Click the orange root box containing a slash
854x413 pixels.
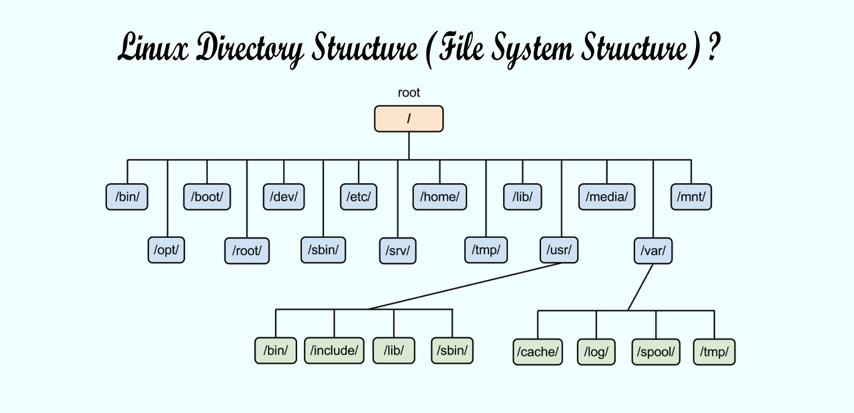click(x=409, y=119)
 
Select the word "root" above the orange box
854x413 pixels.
click(x=409, y=93)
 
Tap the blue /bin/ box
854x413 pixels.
click(x=127, y=197)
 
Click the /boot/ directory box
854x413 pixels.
click(x=207, y=197)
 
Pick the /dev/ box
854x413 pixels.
click(x=284, y=197)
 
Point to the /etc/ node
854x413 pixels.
click(x=359, y=197)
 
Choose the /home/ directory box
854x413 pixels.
click(x=440, y=197)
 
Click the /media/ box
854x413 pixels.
click(x=606, y=197)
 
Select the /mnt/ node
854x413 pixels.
click(x=691, y=197)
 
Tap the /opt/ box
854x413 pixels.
click(x=166, y=250)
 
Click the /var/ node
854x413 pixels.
click(x=653, y=250)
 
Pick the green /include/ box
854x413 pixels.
click(x=334, y=350)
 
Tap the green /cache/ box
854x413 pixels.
click(x=537, y=351)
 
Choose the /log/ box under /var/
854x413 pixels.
click(x=597, y=351)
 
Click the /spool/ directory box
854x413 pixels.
click(x=656, y=351)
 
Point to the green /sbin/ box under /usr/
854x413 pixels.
click(x=452, y=350)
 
